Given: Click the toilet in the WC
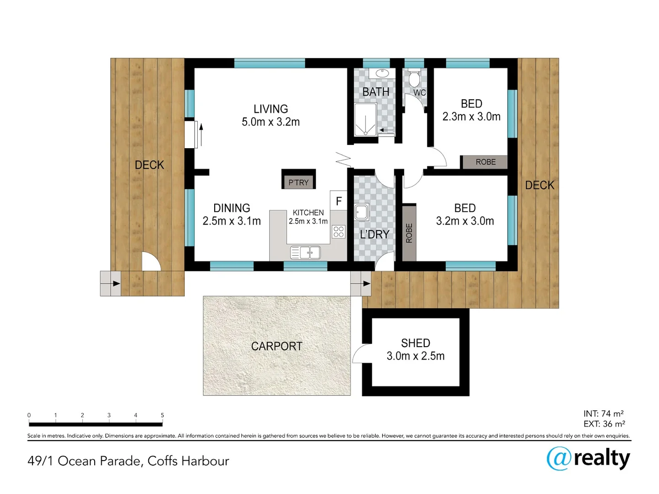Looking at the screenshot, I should pyautogui.click(x=414, y=78).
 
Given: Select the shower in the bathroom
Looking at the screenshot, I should pyautogui.click(x=366, y=120).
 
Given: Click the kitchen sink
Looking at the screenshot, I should pyautogui.click(x=305, y=252).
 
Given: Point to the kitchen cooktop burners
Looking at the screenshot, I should pyautogui.click(x=339, y=231).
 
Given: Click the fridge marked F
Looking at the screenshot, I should pyautogui.click(x=339, y=201).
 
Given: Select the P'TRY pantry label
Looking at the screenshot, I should pyautogui.click(x=298, y=183).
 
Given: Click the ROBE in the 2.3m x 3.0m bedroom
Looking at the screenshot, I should pyautogui.click(x=485, y=162).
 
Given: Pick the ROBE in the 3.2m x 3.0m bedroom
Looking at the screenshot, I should pyautogui.click(x=409, y=233).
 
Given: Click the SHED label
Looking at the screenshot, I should pyautogui.click(x=416, y=343).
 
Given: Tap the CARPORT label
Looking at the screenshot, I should pyautogui.click(x=276, y=346).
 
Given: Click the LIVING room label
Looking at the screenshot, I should pyautogui.click(x=270, y=109).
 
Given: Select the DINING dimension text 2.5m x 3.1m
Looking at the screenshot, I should pyautogui.click(x=232, y=221).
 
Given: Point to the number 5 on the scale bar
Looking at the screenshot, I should pyautogui.click(x=162, y=415).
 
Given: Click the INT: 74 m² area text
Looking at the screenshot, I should pyautogui.click(x=603, y=413).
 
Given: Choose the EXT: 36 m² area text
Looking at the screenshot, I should pyautogui.click(x=604, y=424).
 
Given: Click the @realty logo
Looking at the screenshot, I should pyautogui.click(x=588, y=458).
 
